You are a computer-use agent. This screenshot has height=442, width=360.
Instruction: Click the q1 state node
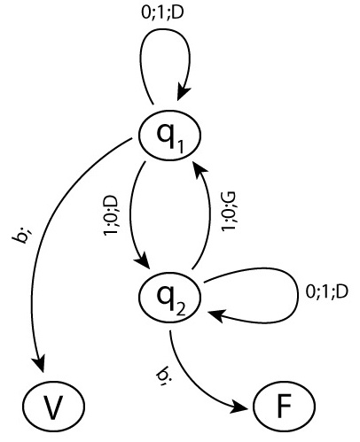[170, 136]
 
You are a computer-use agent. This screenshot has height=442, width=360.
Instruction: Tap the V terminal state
[54, 407]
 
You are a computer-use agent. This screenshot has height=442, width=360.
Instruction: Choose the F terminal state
[285, 407]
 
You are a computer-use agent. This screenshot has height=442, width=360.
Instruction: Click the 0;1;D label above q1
[162, 12]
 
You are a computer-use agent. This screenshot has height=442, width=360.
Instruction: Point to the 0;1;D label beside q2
[326, 291]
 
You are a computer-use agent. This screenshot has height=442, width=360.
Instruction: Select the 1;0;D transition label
[111, 215]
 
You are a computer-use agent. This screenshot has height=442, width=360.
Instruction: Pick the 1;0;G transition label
[229, 212]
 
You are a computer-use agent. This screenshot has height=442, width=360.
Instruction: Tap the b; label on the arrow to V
[22, 236]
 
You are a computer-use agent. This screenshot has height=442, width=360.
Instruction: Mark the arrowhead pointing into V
[39, 363]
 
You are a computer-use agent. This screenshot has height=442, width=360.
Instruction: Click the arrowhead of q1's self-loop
[183, 92]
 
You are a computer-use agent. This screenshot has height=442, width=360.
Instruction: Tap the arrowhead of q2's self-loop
[217, 314]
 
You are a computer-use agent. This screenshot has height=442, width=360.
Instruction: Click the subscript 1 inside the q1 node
[181, 146]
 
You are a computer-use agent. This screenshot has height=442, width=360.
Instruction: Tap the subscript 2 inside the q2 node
[181, 308]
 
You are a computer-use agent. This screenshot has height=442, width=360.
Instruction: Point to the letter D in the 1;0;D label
[111, 202]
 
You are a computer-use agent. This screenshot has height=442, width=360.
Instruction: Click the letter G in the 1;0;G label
[229, 198]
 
